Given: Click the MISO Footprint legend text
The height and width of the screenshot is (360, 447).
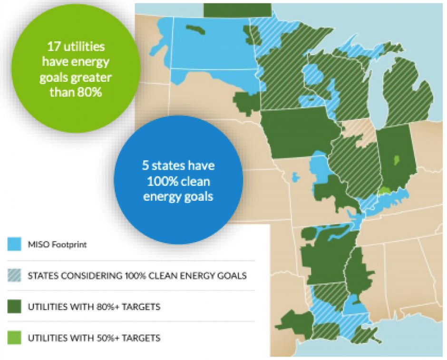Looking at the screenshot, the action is click(57, 244).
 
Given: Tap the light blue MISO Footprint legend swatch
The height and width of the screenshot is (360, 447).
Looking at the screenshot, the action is click(14, 244).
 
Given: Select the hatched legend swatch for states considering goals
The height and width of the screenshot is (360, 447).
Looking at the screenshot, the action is click(14, 275).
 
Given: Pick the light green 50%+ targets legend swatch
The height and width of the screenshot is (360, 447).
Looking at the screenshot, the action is click(14, 338).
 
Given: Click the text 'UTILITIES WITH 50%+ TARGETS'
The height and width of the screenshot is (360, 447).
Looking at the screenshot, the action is click(94, 338).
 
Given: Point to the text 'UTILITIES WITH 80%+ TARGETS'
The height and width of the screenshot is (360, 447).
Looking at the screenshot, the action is click(94, 307).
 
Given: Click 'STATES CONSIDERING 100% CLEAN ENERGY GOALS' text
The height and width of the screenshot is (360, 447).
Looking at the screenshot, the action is click(137, 276).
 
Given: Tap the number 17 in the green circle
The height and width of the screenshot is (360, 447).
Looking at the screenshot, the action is click(54, 47).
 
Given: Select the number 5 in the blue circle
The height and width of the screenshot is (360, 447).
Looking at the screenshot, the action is click(146, 165).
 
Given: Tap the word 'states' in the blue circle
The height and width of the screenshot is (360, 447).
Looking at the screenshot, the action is click(168, 165).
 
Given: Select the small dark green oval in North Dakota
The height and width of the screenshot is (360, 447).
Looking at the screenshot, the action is click(195, 29).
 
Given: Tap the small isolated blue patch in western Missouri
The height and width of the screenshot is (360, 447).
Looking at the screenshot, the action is click(296, 177).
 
